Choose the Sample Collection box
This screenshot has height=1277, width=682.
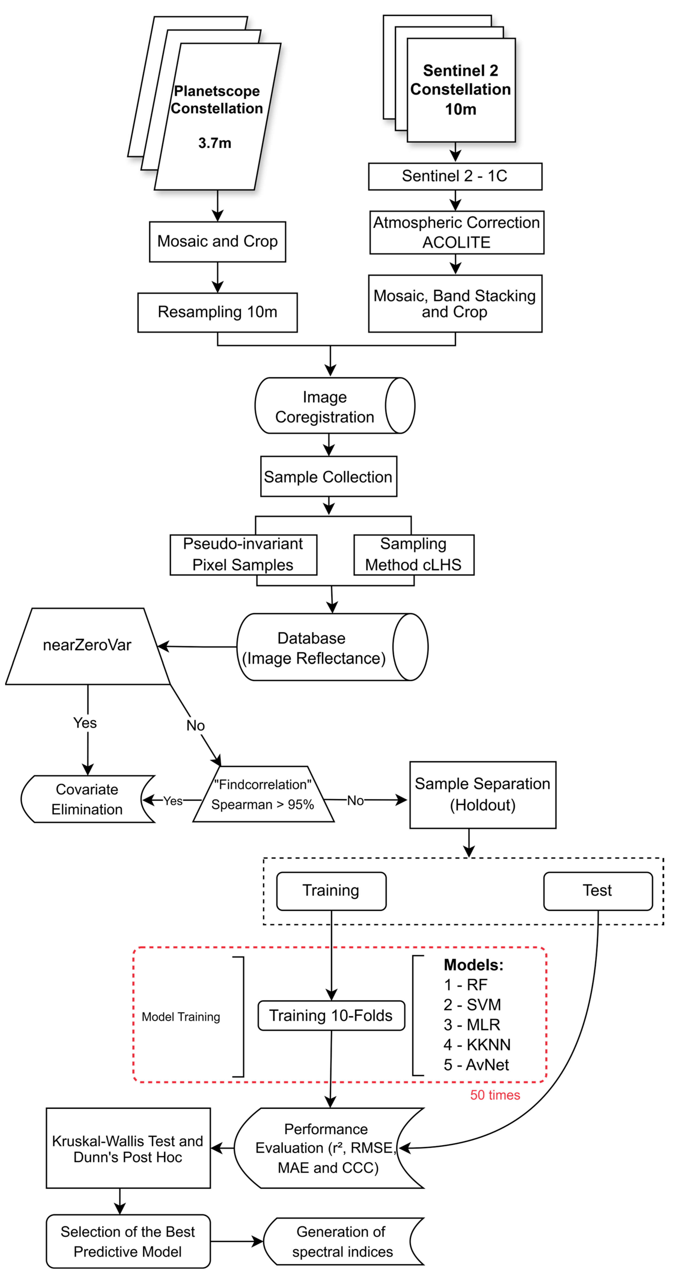(x=328, y=476)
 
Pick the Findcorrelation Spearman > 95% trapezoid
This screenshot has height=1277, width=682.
(x=263, y=794)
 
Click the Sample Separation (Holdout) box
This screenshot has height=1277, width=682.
(x=482, y=794)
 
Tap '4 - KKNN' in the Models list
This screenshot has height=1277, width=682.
(x=476, y=1045)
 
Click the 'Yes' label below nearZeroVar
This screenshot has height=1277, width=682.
(x=85, y=723)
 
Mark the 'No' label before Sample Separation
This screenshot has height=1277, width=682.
(x=355, y=801)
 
